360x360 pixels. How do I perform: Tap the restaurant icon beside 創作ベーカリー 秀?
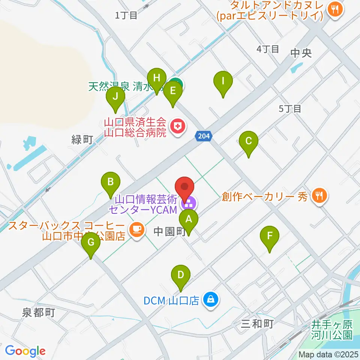click(x=320, y=195)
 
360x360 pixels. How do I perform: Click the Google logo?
click(x=25, y=351)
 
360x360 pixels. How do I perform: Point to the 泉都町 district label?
click(x=39, y=312)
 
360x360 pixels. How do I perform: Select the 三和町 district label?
click(x=257, y=323)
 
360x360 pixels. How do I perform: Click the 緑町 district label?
click(x=82, y=140)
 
